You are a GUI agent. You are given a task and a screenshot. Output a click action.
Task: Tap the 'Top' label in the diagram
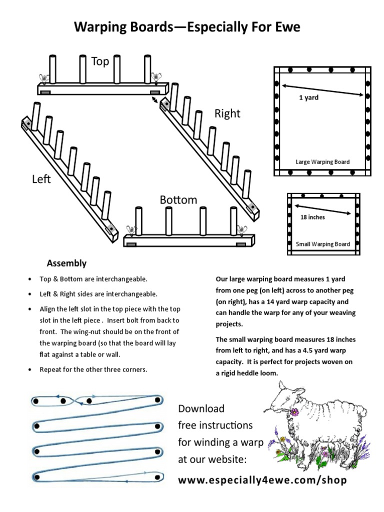point(100,61)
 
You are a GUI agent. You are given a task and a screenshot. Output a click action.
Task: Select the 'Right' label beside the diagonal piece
point(227,113)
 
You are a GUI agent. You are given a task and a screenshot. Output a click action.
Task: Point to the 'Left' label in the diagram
point(41,179)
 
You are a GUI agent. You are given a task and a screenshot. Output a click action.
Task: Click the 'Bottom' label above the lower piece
point(178,200)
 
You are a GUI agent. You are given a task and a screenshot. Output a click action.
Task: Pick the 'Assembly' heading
point(66,263)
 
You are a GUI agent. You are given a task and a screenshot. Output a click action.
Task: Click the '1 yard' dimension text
point(308,97)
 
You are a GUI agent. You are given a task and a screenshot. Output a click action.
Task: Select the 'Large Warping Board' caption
point(322,161)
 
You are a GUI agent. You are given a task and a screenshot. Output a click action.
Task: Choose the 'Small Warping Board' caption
point(322,244)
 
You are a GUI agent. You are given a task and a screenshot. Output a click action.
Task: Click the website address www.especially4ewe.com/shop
point(262,480)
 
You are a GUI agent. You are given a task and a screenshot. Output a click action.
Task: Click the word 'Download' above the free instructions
point(201,408)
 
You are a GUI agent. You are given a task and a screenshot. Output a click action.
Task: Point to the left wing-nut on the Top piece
point(43,78)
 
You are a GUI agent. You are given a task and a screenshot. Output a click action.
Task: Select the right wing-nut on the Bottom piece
point(242,230)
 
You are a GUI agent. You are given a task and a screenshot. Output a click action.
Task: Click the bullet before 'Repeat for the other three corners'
point(30,370)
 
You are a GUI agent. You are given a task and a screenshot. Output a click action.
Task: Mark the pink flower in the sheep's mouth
point(295,412)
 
